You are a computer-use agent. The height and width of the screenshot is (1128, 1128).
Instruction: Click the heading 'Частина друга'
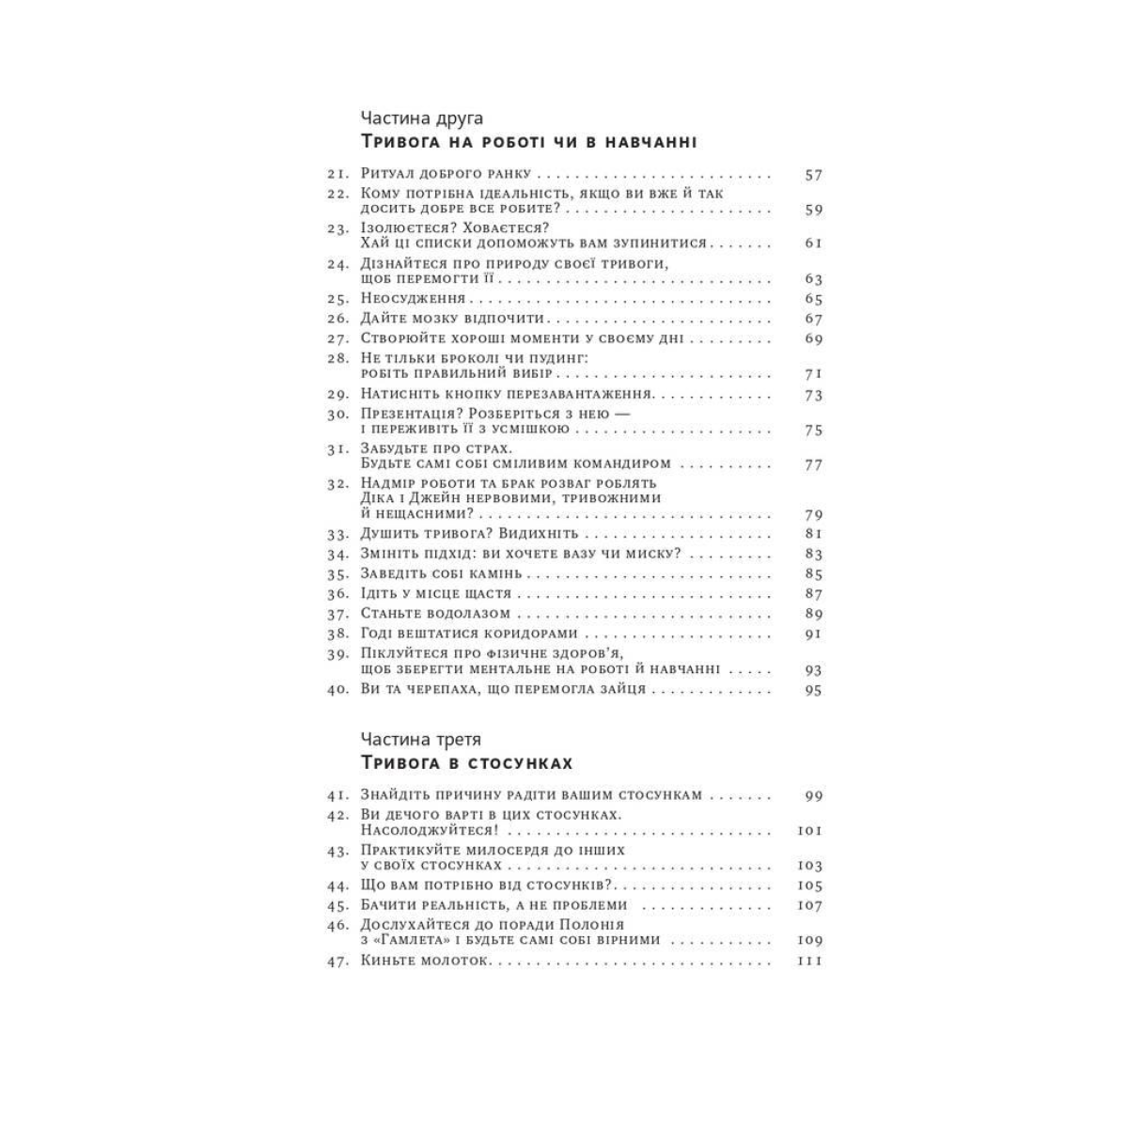[x=421, y=118]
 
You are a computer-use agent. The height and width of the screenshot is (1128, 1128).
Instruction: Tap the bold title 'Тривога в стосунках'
[x=466, y=762]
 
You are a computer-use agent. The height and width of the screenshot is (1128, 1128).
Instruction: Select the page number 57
[x=813, y=175]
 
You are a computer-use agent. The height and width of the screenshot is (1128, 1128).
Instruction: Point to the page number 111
[x=809, y=961]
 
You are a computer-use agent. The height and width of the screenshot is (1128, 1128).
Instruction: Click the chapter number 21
[x=337, y=175]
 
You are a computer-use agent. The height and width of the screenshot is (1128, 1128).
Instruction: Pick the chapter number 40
[x=337, y=690]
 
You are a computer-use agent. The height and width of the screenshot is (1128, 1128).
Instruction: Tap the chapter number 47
[x=337, y=961]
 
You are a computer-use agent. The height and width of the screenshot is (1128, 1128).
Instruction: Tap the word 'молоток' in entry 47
[x=459, y=961]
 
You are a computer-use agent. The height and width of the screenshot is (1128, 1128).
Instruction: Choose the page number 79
[x=813, y=515]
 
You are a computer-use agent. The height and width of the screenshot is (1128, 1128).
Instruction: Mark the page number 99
[x=813, y=795]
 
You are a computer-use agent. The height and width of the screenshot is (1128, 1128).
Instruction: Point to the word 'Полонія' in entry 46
[x=591, y=925]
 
